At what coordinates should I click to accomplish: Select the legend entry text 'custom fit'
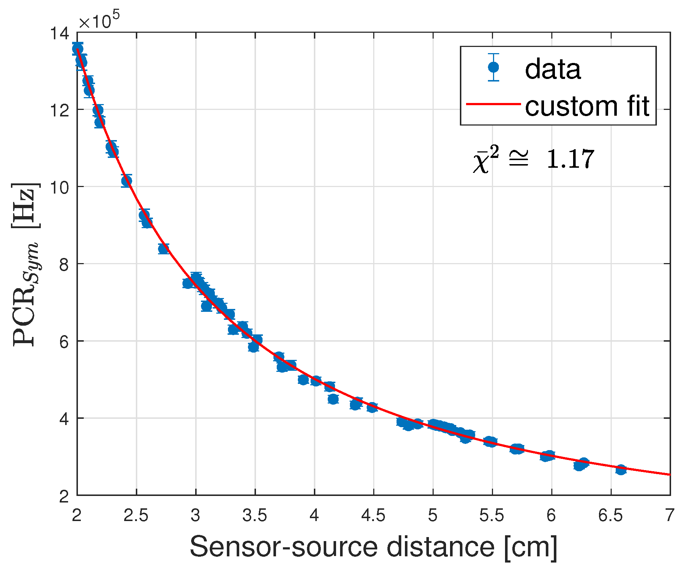[587, 106]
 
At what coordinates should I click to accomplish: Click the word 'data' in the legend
[552, 69]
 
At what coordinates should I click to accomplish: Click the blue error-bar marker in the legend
[493, 67]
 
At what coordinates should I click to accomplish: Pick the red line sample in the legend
[493, 104]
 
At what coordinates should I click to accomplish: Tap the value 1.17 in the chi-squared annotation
[570, 159]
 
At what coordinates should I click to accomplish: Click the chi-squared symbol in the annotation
[485, 160]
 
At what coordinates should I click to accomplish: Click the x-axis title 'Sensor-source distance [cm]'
[373, 547]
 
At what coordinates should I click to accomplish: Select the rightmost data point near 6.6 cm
[621, 470]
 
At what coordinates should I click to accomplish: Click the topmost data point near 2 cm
[77, 48]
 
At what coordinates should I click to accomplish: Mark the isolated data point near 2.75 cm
[163, 249]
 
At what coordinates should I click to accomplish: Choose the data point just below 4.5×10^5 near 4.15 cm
[333, 399]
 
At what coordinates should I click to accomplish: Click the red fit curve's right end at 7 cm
[669, 474]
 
